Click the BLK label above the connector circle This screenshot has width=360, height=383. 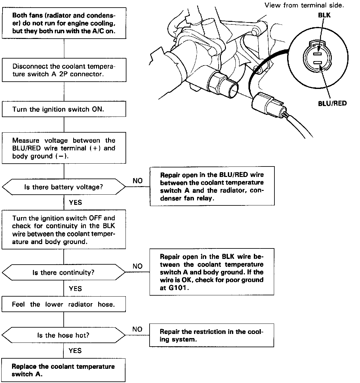324,15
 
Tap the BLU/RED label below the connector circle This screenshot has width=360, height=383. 332,103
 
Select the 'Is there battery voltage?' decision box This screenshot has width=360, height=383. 64,187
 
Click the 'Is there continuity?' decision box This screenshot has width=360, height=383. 64,273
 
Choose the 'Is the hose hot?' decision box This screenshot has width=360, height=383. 64,335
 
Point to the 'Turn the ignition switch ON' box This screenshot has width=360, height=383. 64,109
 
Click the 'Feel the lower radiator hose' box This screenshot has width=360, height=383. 64,305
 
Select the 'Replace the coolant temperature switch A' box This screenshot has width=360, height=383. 64,370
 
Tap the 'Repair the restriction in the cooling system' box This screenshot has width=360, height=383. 211,336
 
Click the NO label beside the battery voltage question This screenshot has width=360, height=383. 138,181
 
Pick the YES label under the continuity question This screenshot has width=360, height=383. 75,288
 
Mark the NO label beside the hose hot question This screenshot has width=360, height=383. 137,329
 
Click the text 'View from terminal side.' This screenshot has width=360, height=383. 304,5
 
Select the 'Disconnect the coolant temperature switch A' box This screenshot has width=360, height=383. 64,70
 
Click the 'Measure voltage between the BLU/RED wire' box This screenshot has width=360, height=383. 64,148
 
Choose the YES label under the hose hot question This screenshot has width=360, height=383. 75,350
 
